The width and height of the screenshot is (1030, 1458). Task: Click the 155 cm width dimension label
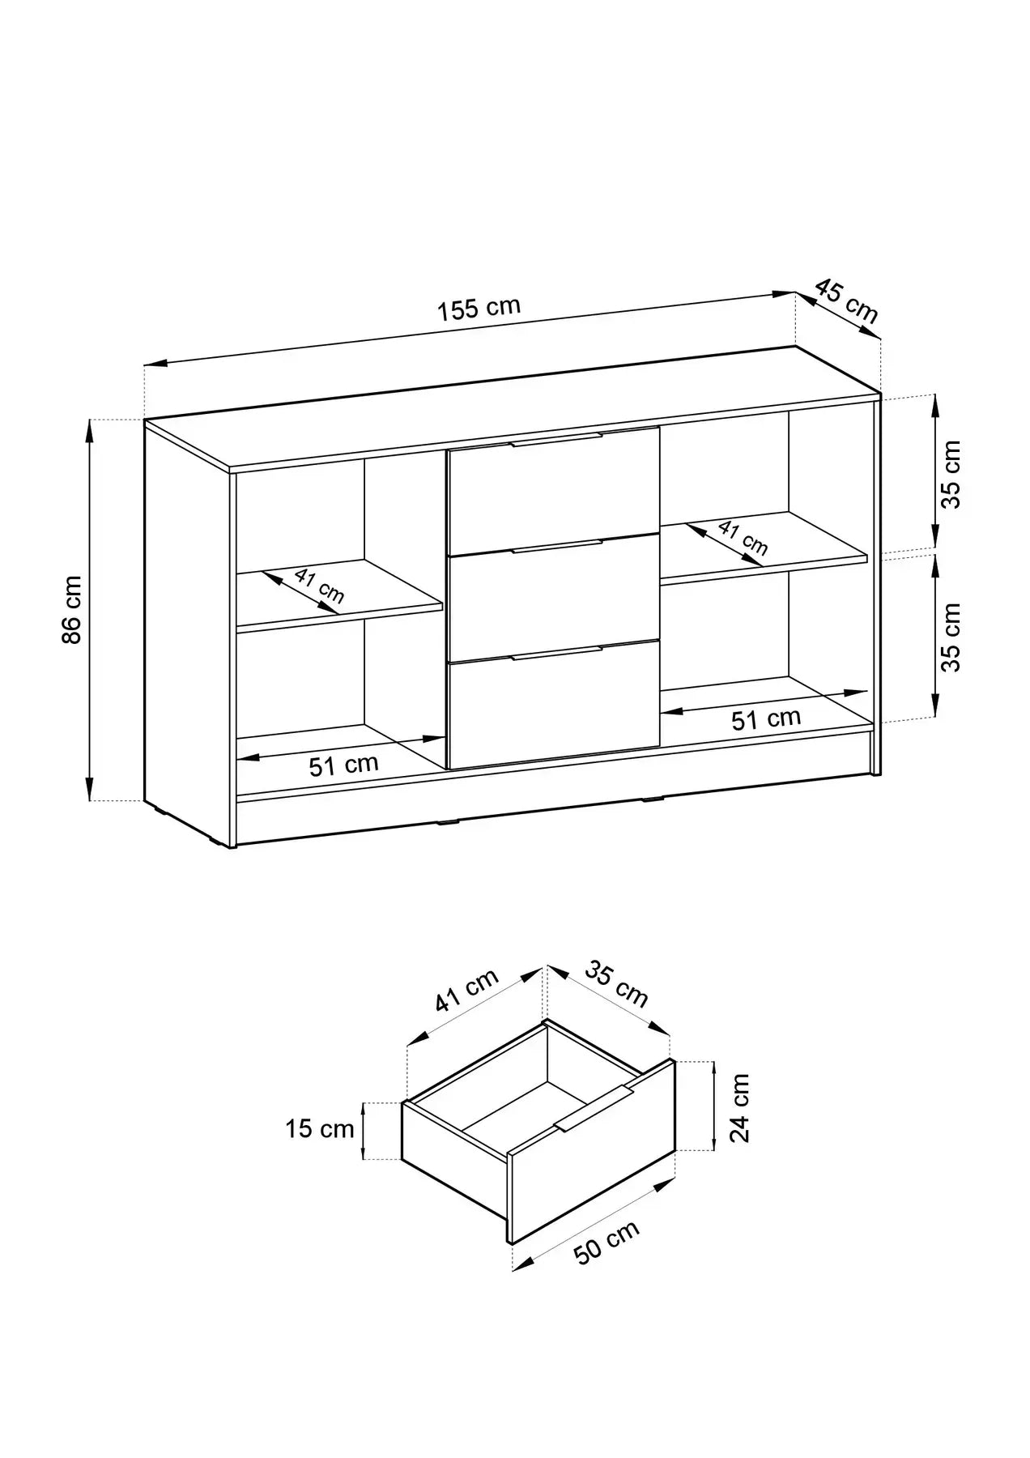coord(479,309)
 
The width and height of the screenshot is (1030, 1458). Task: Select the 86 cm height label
coord(72,609)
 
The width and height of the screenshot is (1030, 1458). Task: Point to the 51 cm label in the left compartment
coord(343,765)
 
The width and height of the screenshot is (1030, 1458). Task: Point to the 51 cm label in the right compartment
coord(765,718)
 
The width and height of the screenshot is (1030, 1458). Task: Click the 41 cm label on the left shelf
coord(319,586)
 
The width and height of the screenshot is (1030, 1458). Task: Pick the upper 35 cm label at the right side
coord(951,474)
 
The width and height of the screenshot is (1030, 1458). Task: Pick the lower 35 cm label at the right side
coord(951,637)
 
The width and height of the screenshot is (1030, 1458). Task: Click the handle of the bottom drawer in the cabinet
coord(556,653)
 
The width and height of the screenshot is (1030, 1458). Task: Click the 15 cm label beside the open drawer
coord(319,1128)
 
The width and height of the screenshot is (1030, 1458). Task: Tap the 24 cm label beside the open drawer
coord(738,1108)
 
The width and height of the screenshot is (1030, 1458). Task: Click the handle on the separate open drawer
coord(594,1108)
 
